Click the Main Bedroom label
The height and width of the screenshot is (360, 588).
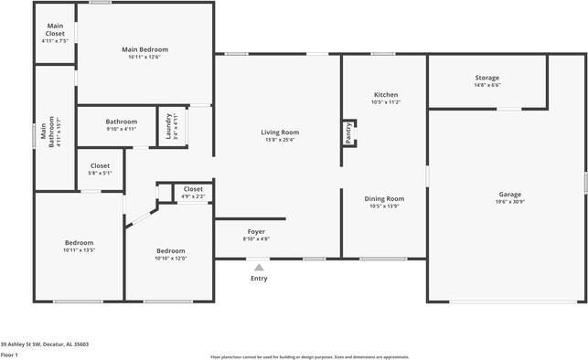[x=145, y=49]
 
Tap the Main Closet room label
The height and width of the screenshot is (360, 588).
[x=55, y=29]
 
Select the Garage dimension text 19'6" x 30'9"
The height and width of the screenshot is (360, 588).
[x=509, y=202]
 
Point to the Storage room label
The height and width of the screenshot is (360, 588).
[x=486, y=78]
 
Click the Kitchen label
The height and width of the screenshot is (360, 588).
[x=385, y=95]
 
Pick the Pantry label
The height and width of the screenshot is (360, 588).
[x=348, y=133]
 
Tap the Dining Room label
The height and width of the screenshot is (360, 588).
[x=385, y=198]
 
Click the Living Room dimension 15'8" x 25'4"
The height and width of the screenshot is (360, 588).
[x=282, y=140]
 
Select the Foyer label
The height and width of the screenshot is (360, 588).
[x=256, y=231]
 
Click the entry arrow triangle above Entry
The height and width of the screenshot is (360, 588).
[x=259, y=267]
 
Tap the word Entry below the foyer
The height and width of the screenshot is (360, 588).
[x=259, y=278]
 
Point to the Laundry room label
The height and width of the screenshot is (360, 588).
[x=169, y=127]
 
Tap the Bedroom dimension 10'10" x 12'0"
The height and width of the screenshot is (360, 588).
[x=171, y=258]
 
